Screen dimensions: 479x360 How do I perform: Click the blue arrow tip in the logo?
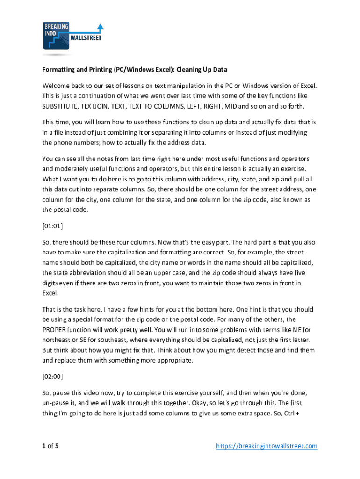click(100, 26)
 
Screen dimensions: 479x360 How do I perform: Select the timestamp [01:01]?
click(52, 226)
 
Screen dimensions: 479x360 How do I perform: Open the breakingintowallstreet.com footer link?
click(266, 446)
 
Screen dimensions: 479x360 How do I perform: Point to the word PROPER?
click(55, 329)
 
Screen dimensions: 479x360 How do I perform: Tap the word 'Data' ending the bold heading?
click(219, 70)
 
